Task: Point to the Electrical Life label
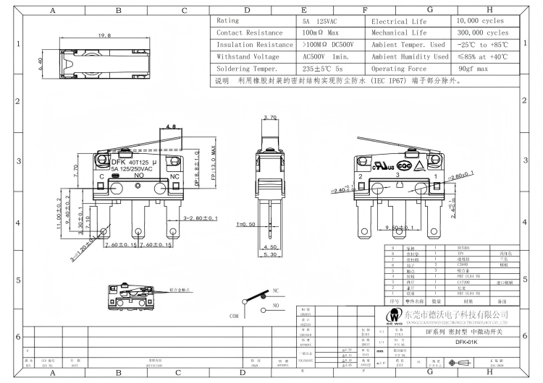click(x=399, y=21)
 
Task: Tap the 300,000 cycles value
click(x=483, y=33)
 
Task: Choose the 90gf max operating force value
click(x=473, y=68)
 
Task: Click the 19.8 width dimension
click(x=104, y=35)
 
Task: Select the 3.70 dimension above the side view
click(x=270, y=116)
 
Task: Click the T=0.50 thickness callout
click(x=245, y=224)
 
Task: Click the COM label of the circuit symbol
click(x=233, y=316)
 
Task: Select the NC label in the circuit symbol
click(x=275, y=291)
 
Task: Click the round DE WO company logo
click(x=395, y=315)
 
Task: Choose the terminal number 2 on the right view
click(x=360, y=176)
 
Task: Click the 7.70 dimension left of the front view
click(x=77, y=171)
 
